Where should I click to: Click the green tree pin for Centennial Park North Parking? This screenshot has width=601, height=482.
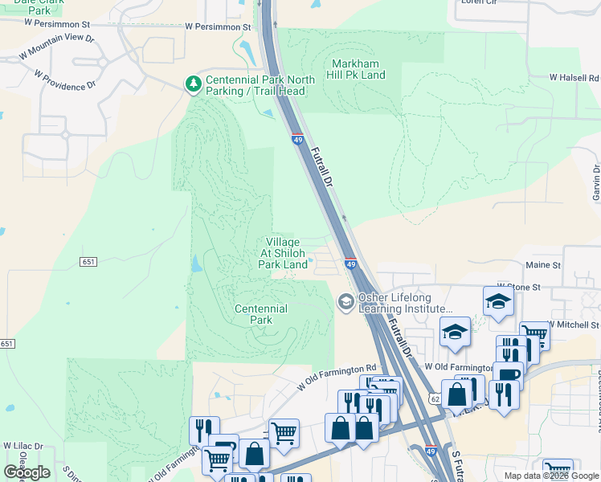click(x=193, y=83)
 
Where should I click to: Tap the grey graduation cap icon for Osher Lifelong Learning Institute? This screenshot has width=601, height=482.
click(x=346, y=300)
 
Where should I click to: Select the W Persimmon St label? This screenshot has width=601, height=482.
click(x=218, y=27)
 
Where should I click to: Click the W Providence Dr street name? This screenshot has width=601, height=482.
click(x=65, y=79)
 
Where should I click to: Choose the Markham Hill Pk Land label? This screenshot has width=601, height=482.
click(x=358, y=68)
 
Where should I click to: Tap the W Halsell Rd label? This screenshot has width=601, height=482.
click(x=574, y=78)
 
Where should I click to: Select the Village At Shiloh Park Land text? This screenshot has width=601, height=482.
click(x=283, y=253)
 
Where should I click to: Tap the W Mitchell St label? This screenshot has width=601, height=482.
click(x=572, y=325)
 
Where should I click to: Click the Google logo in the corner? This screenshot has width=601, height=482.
click(x=27, y=472)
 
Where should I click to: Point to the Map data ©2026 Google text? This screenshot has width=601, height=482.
click(x=551, y=476)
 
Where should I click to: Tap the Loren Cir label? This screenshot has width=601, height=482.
click(x=480, y=2)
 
